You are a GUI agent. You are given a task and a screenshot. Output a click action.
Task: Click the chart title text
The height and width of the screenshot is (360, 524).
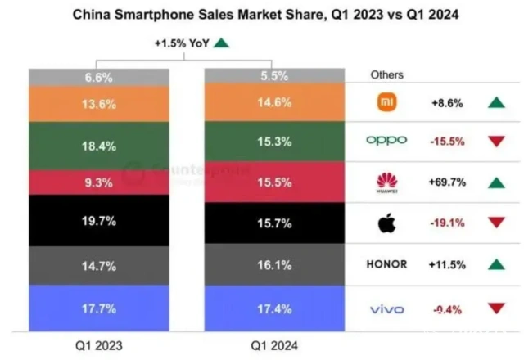pos(262,14)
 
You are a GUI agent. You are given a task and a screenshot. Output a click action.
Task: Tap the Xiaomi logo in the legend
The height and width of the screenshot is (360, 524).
pos(386,103)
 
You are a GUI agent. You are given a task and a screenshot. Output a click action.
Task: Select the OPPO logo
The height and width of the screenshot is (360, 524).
pos(386,140)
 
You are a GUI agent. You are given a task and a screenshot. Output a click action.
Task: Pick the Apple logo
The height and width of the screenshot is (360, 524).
pos(386,222)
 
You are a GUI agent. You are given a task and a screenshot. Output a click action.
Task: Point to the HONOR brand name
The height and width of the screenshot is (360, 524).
pos(386,264)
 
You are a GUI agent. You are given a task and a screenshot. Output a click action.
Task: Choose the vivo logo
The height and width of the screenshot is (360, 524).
pos(386,308)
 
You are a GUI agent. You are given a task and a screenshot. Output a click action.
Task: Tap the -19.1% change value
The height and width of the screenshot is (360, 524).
pos(449,222)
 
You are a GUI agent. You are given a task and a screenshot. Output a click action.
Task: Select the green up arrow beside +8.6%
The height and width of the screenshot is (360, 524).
pos(495,103)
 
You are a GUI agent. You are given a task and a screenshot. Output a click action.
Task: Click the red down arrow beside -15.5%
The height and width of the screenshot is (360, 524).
pos(495,141)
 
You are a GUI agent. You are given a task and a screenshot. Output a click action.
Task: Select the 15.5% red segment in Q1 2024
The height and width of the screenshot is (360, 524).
pos(273,182)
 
